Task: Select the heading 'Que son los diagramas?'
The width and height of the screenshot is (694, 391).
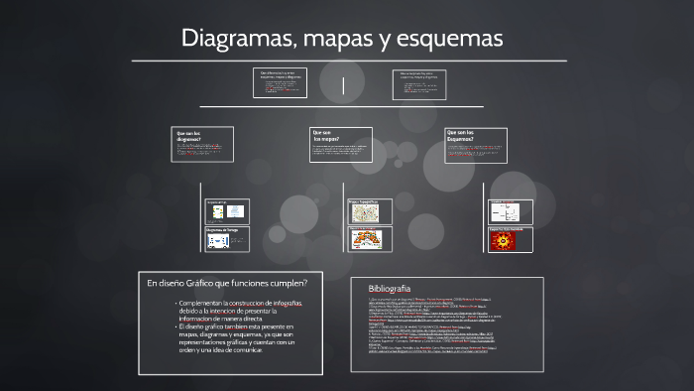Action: tap(188, 136)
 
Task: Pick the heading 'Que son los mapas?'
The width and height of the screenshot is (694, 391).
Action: tap(326, 135)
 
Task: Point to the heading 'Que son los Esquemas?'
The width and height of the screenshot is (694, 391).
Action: tap(461, 135)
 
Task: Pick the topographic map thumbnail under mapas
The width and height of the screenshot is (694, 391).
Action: tap(366, 212)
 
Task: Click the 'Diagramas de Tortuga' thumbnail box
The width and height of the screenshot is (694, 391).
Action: tap(227, 238)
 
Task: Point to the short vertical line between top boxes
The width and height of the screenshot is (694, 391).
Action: tap(343, 85)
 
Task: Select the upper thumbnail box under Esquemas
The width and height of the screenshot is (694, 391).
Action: tap(510, 210)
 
